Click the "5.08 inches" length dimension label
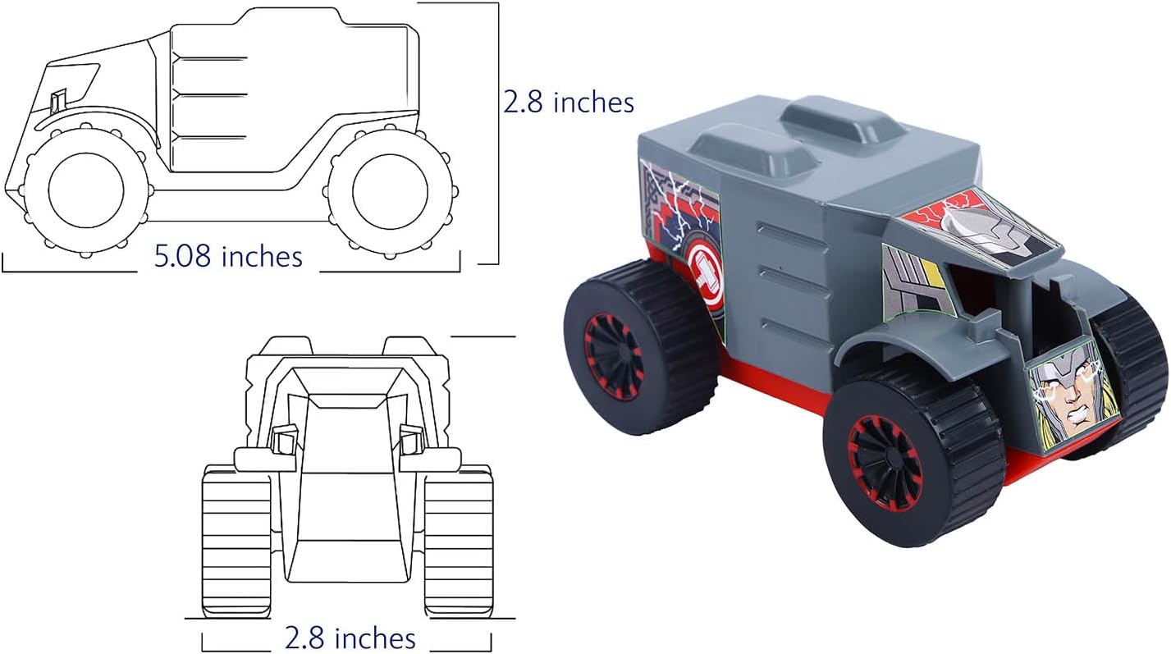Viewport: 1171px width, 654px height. pyautogui.click(x=228, y=257)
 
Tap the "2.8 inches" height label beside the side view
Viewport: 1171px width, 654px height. pyautogui.click(x=569, y=102)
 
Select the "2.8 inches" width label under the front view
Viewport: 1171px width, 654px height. pyautogui.click(x=350, y=638)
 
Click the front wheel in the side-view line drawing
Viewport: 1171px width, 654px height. pyautogui.click(x=86, y=191)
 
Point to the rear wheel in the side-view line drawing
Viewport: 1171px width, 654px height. pyautogui.click(x=391, y=192)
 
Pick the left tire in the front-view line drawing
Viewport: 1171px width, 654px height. pyautogui.click(x=237, y=541)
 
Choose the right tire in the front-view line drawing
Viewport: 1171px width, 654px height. pyautogui.click(x=459, y=541)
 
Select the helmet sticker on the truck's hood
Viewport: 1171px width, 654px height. pyautogui.click(x=983, y=226)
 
